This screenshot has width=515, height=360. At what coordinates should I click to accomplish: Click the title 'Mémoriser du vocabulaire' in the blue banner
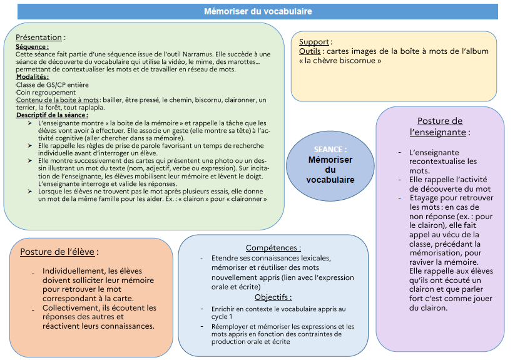[258, 11]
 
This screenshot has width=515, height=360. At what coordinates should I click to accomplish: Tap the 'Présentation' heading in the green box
[39, 38]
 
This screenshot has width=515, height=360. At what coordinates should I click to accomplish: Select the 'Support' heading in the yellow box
[314, 42]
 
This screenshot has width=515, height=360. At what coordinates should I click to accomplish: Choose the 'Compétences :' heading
[273, 248]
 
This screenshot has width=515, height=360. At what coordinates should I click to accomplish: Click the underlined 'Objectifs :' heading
[273, 297]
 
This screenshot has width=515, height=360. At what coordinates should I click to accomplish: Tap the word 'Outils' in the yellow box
[310, 51]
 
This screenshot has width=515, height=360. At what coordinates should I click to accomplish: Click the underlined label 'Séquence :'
[32, 46]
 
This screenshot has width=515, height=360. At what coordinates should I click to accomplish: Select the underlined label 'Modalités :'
[33, 77]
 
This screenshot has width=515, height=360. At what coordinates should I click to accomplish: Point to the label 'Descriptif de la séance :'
[52, 115]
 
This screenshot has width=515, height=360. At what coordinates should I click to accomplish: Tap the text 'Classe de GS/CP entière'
[53, 85]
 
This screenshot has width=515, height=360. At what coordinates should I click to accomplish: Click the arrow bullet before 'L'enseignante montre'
[30, 123]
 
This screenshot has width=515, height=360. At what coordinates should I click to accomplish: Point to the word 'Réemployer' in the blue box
[230, 326]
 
